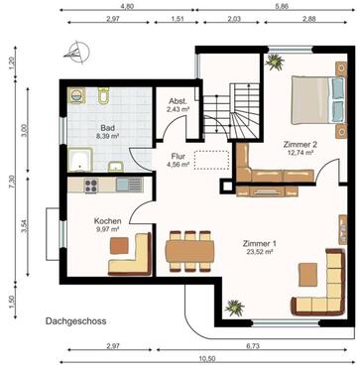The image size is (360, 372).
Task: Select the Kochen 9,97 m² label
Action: pyautogui.click(x=107, y=225)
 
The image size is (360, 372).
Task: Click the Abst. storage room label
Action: pyautogui.click(x=178, y=103)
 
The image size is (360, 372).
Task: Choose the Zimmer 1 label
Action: pyautogui.click(x=261, y=248)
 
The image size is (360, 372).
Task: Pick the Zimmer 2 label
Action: pyautogui.click(x=299, y=149)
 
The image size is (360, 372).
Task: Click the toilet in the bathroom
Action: pyautogui.click(x=103, y=97)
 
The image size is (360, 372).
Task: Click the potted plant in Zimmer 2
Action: pyautogui.click(x=275, y=65)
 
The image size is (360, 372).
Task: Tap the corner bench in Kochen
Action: pyautogui.click(x=131, y=255)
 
